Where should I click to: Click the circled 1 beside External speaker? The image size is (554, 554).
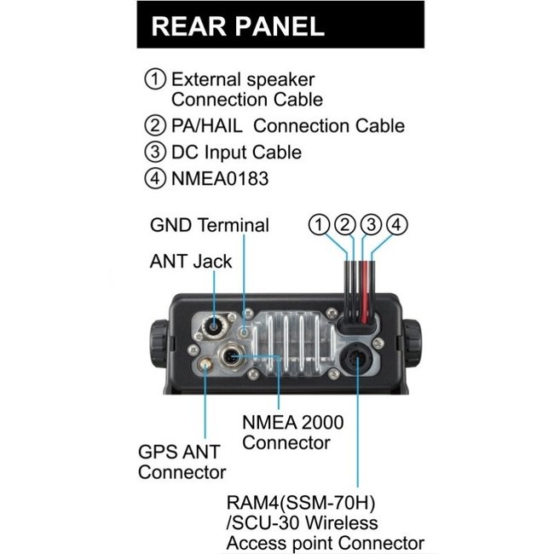point(155,78)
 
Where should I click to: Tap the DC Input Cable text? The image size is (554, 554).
point(236,153)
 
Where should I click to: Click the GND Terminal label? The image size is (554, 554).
point(209,226)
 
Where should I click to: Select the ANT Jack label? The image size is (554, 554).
point(190,262)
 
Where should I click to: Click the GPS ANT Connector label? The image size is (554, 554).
point(182,462)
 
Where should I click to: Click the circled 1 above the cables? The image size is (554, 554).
point(319,225)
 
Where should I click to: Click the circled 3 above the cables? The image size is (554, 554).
point(371,225)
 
